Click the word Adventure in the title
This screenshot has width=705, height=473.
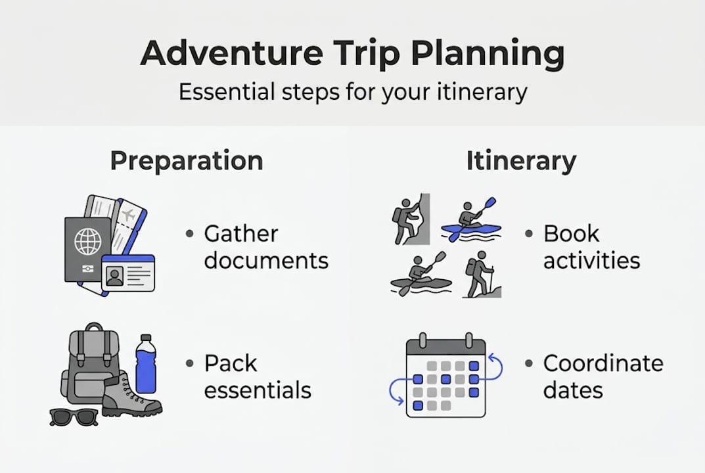coord(231,53)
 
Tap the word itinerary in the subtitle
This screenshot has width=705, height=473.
coord(482,93)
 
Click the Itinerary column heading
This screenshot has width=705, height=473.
coord(521,161)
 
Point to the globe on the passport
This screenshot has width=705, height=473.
coord(87,242)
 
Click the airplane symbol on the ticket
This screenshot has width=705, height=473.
coord(129,215)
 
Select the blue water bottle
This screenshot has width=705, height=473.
coord(146,364)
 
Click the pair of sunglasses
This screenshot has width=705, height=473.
coord(74,417)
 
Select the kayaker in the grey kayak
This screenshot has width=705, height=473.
coord(421,274)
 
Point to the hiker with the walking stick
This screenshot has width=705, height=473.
coord(482,275)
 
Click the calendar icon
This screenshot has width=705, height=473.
coord(445,376)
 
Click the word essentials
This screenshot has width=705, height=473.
coord(258,390)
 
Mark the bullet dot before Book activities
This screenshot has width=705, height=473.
coord(529,234)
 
